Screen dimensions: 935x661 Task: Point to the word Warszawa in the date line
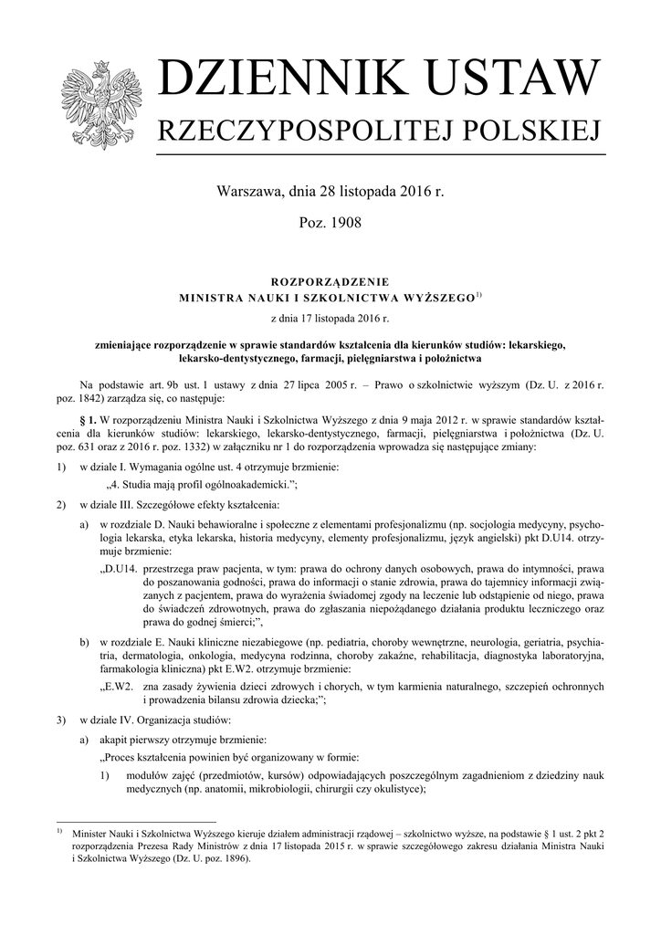249,193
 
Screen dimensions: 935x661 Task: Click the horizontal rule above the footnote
136,822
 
